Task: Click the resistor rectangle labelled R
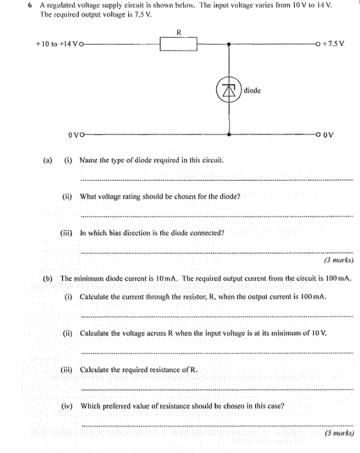click(x=178, y=44)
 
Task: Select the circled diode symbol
click(x=229, y=91)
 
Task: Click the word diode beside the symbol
click(x=252, y=91)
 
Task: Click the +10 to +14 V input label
click(x=56, y=44)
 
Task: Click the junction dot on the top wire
click(x=229, y=44)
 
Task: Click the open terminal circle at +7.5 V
click(x=316, y=44)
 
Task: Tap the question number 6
click(x=29, y=6)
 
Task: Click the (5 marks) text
click(x=339, y=433)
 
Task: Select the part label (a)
click(x=47, y=161)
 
